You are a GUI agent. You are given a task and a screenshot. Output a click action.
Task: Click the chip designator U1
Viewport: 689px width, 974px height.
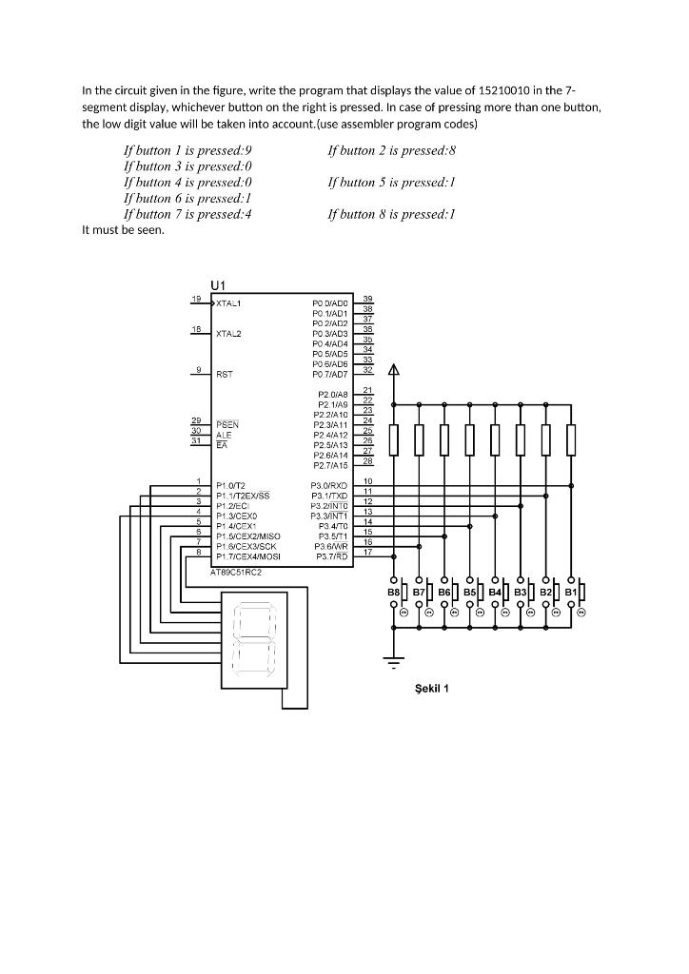click(x=218, y=285)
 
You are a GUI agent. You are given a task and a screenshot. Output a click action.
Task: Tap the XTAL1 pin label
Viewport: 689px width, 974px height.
click(x=229, y=303)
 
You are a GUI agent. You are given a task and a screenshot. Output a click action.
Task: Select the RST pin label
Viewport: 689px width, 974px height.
click(x=225, y=375)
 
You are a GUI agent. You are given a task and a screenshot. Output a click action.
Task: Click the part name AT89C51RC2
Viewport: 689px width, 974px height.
click(x=235, y=573)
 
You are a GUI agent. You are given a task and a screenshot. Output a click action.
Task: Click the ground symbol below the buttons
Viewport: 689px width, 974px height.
click(x=394, y=658)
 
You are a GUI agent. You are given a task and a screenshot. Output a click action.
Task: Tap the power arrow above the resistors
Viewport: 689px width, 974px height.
click(x=394, y=372)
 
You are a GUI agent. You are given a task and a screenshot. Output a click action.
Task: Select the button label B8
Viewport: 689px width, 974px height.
click(x=394, y=593)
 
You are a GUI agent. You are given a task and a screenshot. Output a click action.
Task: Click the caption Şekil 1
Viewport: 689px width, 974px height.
click(x=431, y=689)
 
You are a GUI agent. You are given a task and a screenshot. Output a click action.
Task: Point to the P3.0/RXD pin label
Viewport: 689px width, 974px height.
click(x=329, y=485)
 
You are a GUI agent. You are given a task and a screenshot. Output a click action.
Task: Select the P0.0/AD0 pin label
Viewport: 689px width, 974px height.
click(x=329, y=303)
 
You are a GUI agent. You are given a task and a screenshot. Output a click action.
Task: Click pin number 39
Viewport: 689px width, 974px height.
click(x=367, y=299)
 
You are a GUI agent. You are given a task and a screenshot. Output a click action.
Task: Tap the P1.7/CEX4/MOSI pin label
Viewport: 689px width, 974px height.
click(x=248, y=556)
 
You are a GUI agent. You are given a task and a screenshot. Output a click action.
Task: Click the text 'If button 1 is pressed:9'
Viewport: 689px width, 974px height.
click(x=187, y=150)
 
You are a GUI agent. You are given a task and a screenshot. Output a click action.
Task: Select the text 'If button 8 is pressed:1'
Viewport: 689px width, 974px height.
click(x=391, y=214)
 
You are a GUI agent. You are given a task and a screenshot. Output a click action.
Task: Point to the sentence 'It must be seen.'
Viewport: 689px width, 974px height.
click(x=123, y=230)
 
